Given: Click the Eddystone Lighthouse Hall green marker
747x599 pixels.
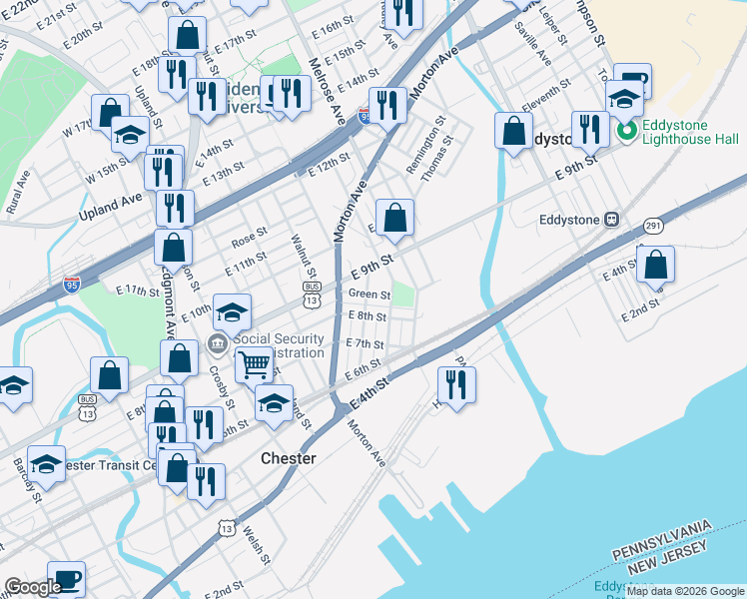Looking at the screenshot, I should [x=627, y=131].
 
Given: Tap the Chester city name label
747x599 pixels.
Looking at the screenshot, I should [x=288, y=458].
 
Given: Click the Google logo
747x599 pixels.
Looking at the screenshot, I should [x=33, y=587].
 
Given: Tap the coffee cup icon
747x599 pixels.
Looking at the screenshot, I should [x=66, y=579].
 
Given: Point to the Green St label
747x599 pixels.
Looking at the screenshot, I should [x=370, y=295].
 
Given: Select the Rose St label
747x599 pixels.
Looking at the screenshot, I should [x=249, y=241].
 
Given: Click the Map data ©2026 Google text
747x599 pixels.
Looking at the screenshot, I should [x=685, y=591].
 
